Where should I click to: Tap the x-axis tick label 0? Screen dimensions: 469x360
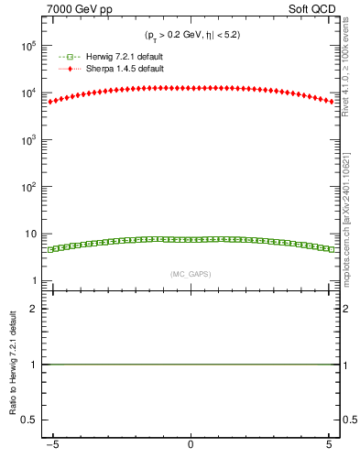coord(191,446)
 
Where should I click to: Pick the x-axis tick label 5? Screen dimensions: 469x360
coord(328,446)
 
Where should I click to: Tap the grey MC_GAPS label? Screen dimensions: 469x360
coord(191,273)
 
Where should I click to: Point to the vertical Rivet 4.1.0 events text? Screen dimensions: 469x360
coord(348,64)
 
